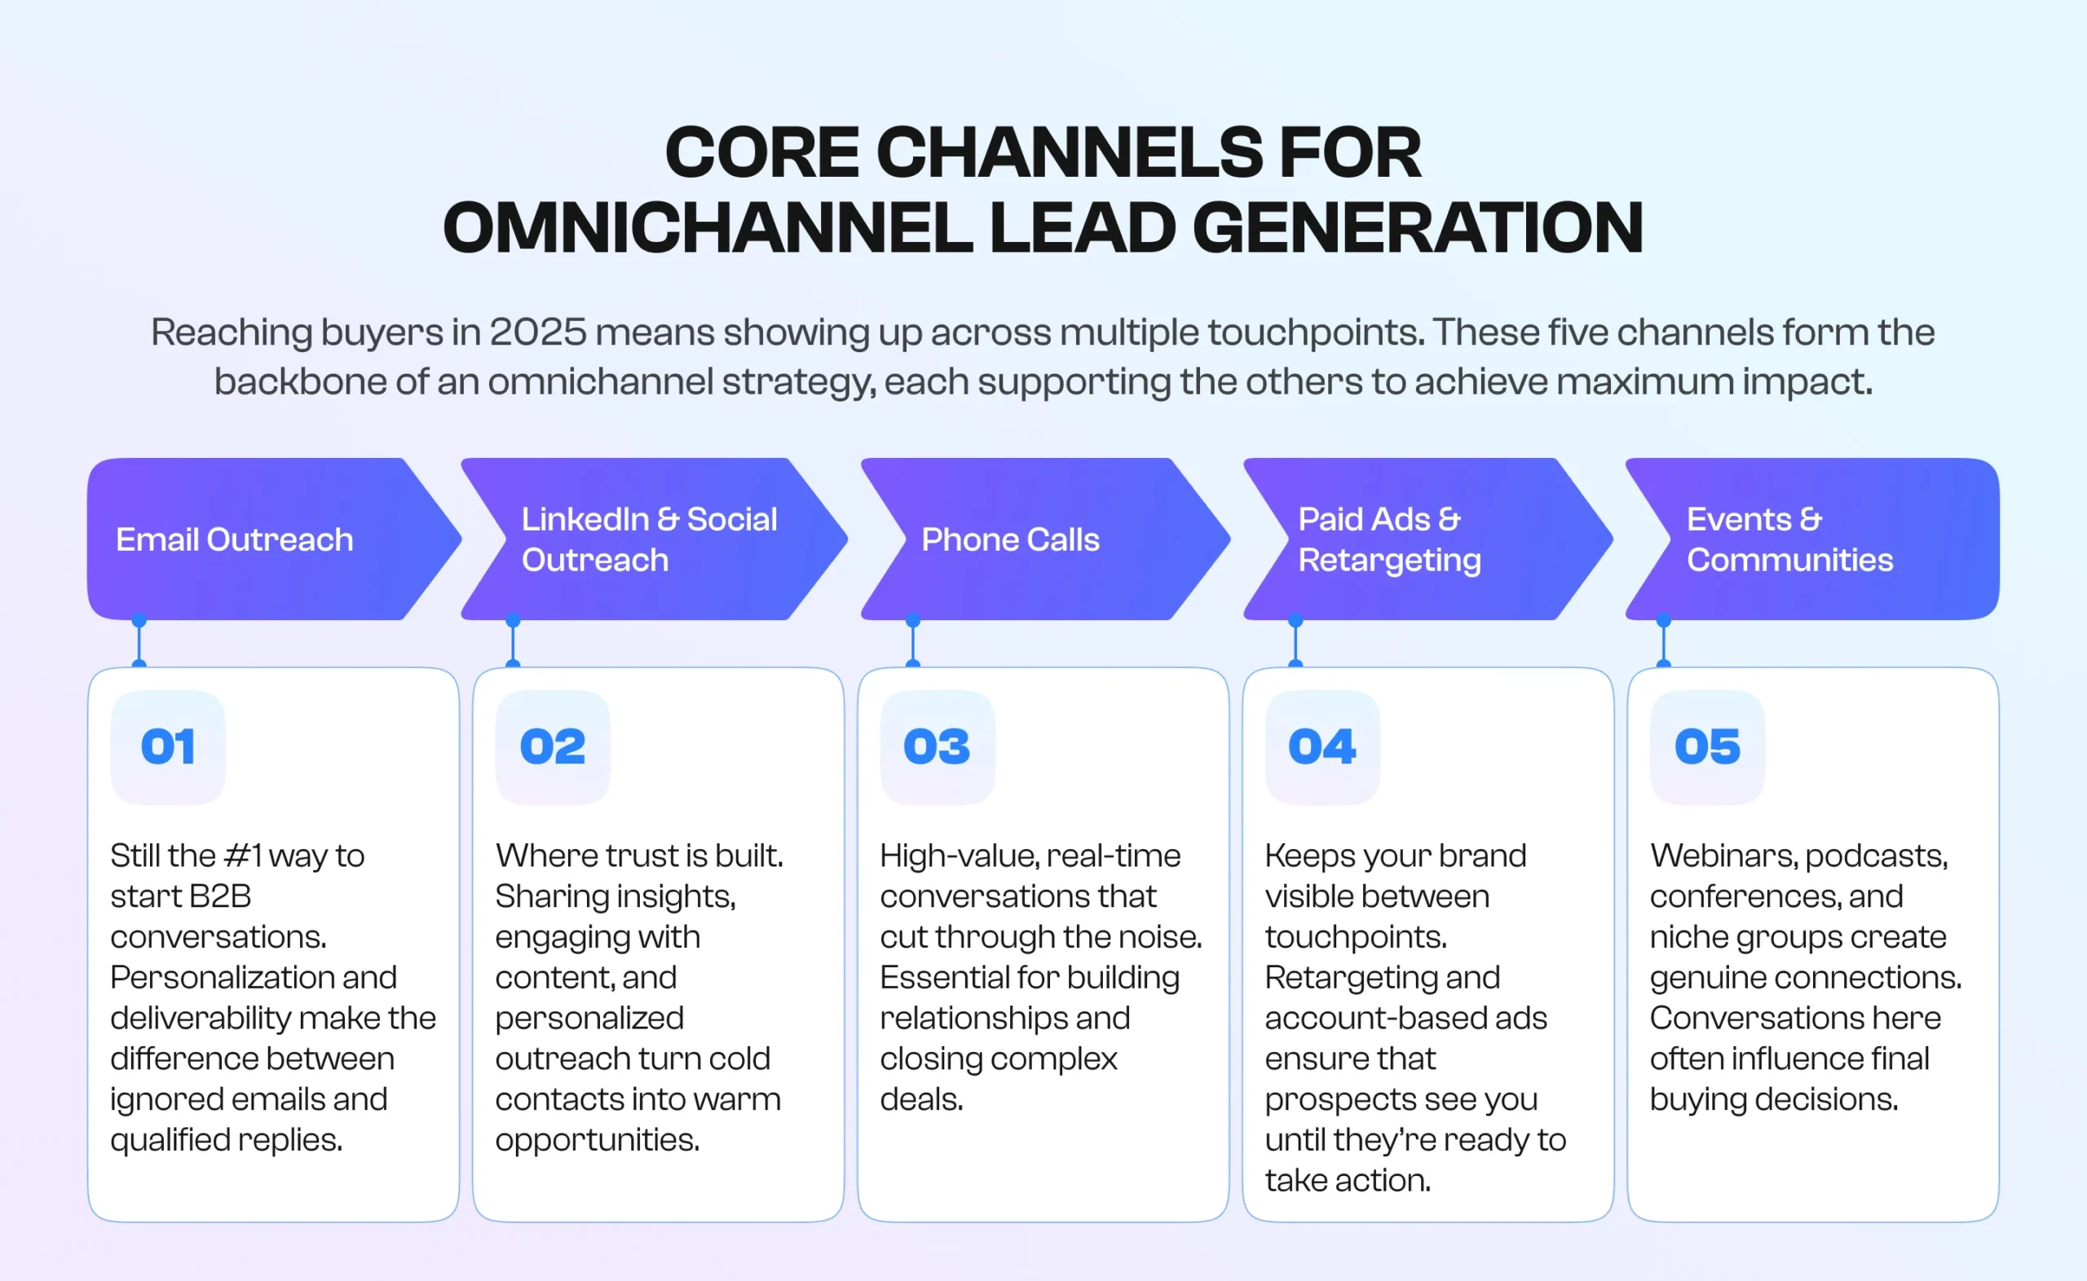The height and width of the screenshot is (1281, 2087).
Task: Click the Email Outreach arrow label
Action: (x=234, y=539)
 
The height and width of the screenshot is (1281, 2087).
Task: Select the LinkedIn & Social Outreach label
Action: (x=648, y=539)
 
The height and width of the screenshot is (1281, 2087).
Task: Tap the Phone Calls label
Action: (x=1010, y=539)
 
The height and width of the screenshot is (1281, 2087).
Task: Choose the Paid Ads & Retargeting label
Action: (x=1389, y=539)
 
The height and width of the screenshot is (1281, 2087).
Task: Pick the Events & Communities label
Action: (x=1789, y=539)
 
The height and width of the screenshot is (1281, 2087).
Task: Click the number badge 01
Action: (x=168, y=747)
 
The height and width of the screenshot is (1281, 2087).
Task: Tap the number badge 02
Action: (x=553, y=747)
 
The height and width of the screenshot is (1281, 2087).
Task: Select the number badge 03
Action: (x=937, y=747)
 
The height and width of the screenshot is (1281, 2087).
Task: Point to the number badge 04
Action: (x=1321, y=747)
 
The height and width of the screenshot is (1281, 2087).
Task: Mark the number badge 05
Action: (x=1706, y=747)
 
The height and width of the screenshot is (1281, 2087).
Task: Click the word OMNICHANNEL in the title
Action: (x=707, y=228)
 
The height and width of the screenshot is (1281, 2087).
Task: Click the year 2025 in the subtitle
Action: (x=537, y=332)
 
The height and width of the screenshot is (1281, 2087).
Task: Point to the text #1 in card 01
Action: (x=242, y=856)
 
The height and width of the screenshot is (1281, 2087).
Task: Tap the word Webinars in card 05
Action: (x=1720, y=856)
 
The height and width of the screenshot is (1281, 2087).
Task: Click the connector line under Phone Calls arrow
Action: (x=912, y=644)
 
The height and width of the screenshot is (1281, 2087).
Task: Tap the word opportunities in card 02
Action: (x=598, y=1140)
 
